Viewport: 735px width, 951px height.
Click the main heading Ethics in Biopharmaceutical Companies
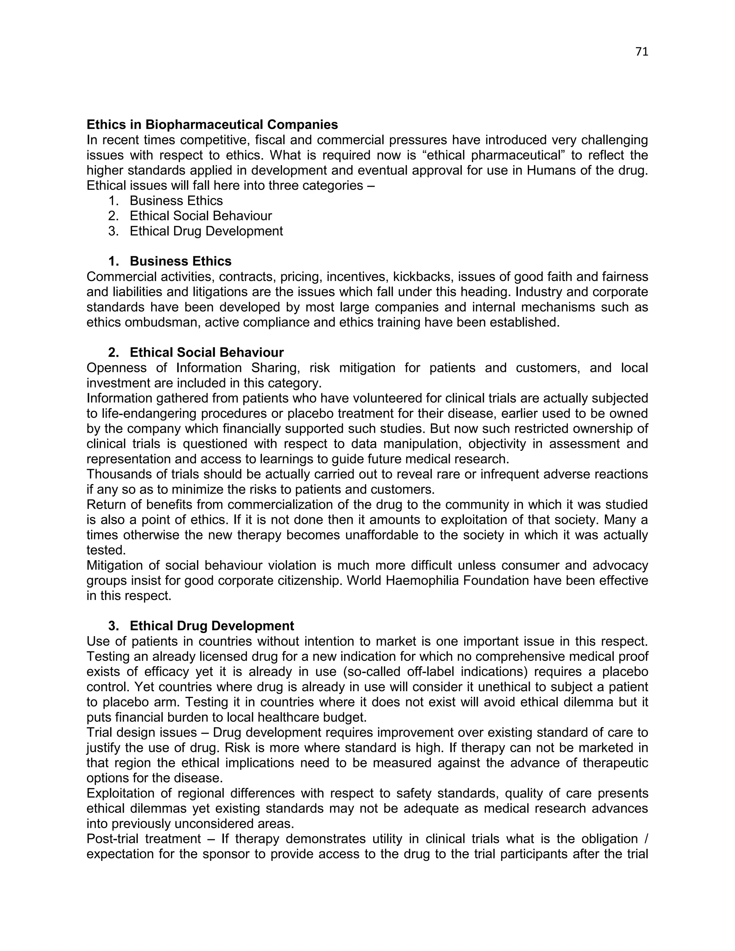point(212,125)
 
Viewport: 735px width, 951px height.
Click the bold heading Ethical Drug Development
point(212,626)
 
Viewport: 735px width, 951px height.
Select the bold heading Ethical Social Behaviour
point(206,352)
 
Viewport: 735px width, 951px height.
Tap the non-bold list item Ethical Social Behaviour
point(200,216)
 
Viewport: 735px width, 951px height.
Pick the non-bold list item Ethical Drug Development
point(206,231)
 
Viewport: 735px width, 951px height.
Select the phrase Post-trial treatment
point(144,839)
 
